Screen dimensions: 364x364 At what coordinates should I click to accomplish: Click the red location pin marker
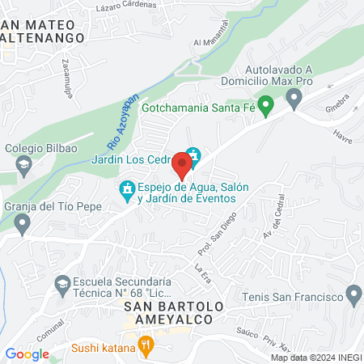click(x=182, y=164)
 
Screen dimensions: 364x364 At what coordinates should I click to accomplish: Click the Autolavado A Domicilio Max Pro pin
click(x=294, y=99)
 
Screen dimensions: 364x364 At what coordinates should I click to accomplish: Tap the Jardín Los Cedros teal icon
click(x=193, y=154)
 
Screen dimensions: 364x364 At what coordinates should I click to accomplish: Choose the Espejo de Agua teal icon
click(x=126, y=191)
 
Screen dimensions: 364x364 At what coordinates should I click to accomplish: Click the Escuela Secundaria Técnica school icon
click(x=62, y=283)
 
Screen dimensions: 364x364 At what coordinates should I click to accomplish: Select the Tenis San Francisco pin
click(x=353, y=293)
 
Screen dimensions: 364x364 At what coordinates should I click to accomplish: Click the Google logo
click(x=27, y=353)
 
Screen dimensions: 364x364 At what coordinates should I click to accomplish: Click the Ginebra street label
click(x=336, y=104)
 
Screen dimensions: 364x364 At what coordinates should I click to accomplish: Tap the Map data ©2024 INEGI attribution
click(x=315, y=358)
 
